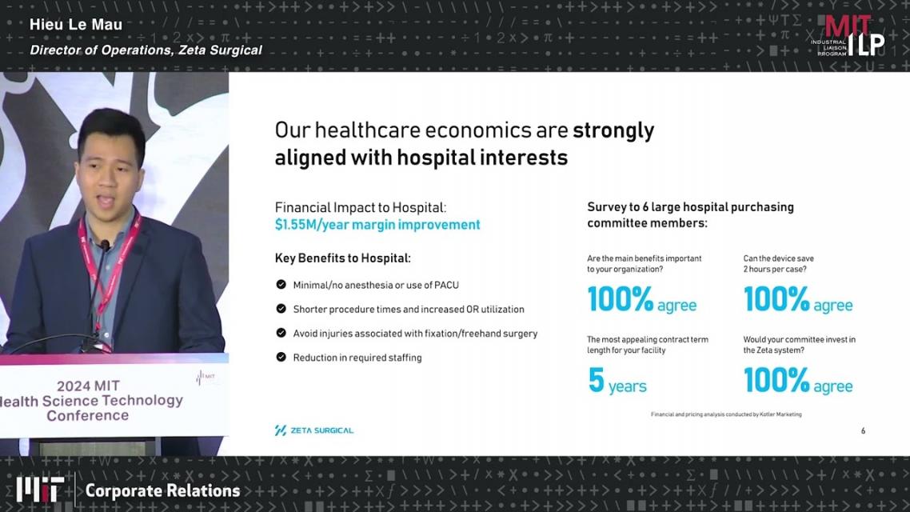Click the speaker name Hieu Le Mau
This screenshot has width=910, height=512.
(76, 24)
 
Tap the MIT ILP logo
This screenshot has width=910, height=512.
(848, 35)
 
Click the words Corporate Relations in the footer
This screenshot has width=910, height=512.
(162, 490)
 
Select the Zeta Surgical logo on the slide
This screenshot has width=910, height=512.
(314, 430)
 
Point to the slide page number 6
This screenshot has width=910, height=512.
(863, 430)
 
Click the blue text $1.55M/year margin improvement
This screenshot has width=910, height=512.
(377, 225)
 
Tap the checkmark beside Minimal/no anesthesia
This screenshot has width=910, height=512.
(281, 285)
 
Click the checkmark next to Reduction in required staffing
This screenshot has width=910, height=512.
(281, 357)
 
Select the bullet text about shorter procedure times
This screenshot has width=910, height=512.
(409, 310)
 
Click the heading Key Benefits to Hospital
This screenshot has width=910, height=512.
(342, 258)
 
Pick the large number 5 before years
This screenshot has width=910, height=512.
(596, 381)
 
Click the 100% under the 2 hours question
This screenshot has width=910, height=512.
(776, 299)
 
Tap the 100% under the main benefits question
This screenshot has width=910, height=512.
(621, 299)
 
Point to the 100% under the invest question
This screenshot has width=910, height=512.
(776, 381)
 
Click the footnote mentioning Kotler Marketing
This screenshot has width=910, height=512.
(726, 414)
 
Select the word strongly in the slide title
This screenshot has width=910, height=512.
(613, 130)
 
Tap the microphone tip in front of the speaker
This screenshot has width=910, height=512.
(105, 246)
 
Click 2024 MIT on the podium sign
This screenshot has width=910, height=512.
(88, 386)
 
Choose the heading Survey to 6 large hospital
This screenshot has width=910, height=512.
(691, 207)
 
